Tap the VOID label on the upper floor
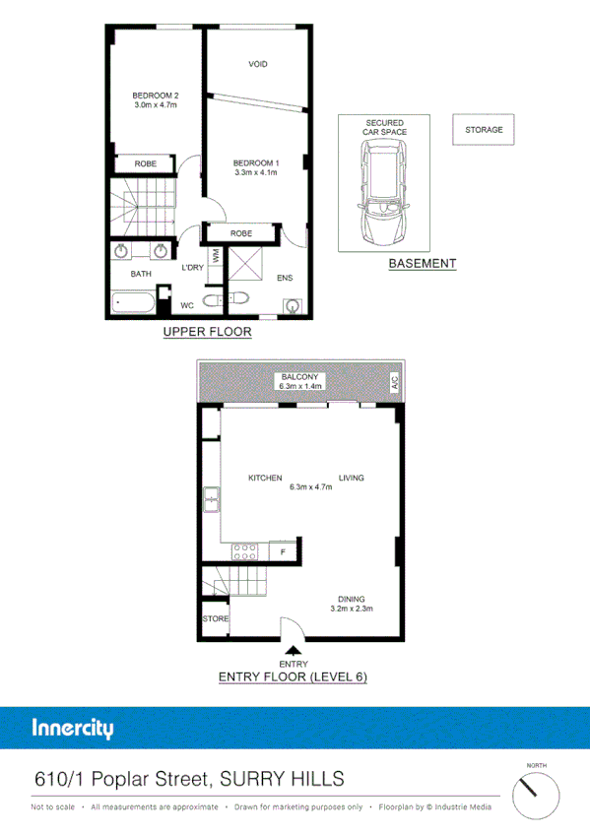click(x=258, y=64)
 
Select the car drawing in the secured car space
click(x=384, y=191)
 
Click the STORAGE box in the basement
click(x=484, y=130)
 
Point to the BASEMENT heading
click(x=422, y=263)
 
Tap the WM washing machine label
click(x=215, y=255)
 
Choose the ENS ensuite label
click(x=285, y=278)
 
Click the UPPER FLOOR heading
click(x=207, y=332)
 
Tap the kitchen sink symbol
click(x=211, y=500)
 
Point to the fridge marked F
click(x=285, y=551)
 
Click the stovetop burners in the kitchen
click(x=244, y=550)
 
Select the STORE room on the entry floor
click(x=215, y=618)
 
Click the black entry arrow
click(x=294, y=649)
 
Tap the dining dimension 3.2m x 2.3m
click(x=351, y=609)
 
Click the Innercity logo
click(x=73, y=730)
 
